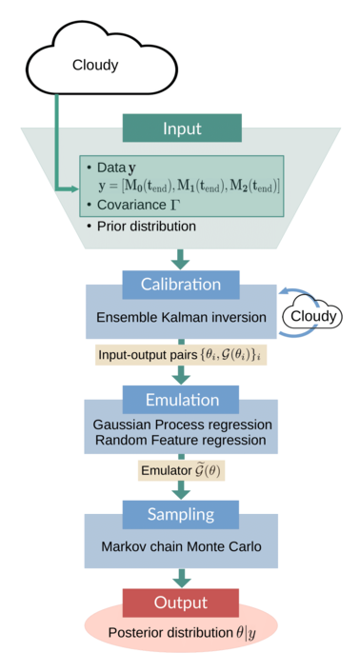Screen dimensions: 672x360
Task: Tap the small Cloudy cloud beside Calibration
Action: point(312,315)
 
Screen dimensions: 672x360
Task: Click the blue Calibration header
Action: point(181,285)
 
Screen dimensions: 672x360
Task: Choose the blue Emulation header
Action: point(181,401)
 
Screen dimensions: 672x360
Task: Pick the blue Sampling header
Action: point(181,514)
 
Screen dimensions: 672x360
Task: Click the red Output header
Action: point(181,602)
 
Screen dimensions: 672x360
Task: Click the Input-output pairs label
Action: point(180,354)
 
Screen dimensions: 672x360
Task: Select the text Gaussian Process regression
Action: point(181,424)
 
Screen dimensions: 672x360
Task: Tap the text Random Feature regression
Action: point(181,439)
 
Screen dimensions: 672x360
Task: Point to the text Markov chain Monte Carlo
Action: point(181,547)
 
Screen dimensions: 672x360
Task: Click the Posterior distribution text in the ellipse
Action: point(180,633)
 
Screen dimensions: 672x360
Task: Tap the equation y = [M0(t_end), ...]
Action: point(190,184)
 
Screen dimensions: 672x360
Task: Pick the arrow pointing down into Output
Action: point(180,577)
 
